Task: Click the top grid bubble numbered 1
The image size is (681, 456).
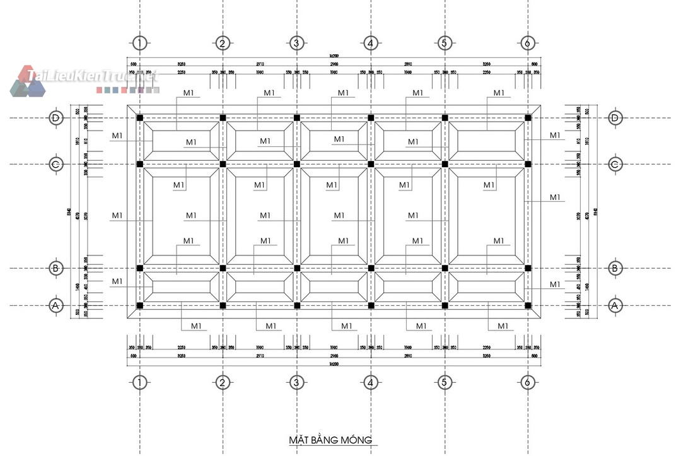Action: click(x=140, y=44)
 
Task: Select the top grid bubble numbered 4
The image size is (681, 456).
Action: click(x=371, y=44)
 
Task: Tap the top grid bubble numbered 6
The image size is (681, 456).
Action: click(x=528, y=44)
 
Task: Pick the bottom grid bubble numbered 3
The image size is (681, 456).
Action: click(x=296, y=382)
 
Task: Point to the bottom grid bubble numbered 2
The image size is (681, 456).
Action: click(x=222, y=382)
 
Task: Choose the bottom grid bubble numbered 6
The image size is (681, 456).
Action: click(x=528, y=382)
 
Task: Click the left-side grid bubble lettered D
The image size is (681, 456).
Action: click(x=56, y=118)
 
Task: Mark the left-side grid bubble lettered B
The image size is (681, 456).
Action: click(x=56, y=268)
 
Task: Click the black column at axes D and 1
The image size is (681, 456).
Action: click(x=140, y=118)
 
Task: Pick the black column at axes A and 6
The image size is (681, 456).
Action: click(x=528, y=306)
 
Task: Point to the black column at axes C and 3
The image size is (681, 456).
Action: click(x=296, y=165)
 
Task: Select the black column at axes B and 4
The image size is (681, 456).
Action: click(x=371, y=268)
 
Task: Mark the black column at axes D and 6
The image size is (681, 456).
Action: click(x=528, y=118)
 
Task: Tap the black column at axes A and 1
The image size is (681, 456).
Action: click(x=140, y=306)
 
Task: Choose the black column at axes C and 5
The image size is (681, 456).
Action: click(x=445, y=165)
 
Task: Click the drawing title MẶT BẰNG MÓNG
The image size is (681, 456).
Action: click(x=330, y=440)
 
